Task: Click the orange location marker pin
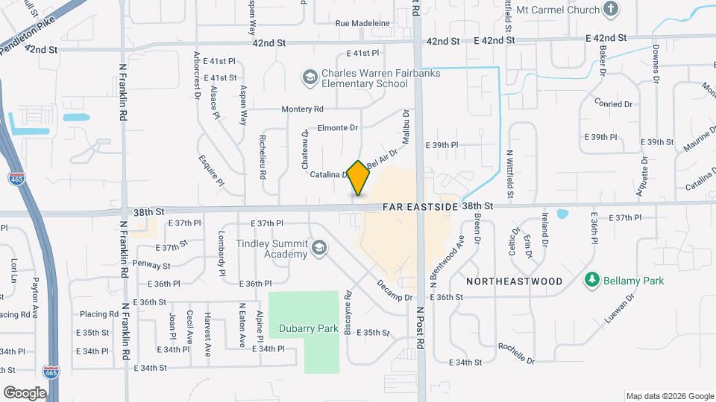359,178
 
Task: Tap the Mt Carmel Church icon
611,10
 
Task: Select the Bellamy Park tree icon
592,280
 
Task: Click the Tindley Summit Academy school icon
319,248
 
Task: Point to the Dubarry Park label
309,328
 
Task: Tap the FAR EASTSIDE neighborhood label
420,205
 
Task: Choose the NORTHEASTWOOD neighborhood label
514,281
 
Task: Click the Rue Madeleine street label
363,23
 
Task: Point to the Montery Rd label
302,109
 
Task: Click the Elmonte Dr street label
338,127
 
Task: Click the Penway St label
151,264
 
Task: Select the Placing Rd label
99,314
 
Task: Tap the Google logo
25,392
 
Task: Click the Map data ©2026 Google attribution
669,396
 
